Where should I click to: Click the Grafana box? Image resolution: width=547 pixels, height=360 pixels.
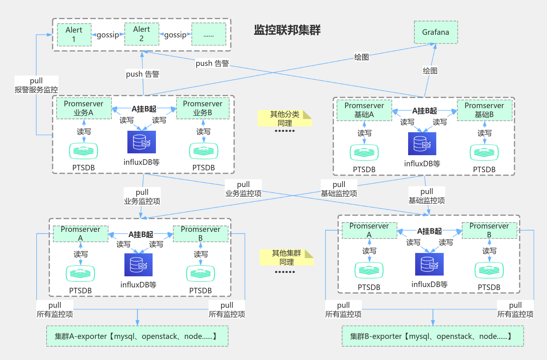[436, 32]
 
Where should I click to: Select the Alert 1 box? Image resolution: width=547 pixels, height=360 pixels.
[74, 35]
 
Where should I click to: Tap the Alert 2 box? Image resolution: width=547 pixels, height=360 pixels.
[141, 34]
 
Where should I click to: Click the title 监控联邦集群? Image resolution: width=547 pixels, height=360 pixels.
[287, 30]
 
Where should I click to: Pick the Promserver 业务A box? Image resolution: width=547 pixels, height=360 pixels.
[84, 108]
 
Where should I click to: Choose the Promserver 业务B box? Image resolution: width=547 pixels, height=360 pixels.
[203, 108]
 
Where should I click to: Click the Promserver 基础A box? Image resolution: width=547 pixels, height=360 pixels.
[364, 110]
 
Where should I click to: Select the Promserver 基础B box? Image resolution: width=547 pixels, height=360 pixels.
[484, 110]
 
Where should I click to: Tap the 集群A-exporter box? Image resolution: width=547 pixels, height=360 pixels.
[137, 336]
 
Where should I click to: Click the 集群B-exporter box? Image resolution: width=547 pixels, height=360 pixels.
[432, 336]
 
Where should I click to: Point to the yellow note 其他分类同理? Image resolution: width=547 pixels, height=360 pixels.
[284, 119]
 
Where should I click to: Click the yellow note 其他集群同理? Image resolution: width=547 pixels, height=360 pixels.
[286, 257]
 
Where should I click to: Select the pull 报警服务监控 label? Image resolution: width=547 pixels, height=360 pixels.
[36, 85]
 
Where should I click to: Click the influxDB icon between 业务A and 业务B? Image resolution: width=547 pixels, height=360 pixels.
[141, 142]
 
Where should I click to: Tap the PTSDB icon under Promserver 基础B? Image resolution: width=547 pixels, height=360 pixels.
[484, 152]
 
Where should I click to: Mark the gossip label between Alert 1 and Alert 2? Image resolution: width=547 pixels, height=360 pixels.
[108, 35]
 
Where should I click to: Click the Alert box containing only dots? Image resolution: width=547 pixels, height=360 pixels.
[209, 34]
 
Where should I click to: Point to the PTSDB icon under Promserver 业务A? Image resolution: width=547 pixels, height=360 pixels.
[84, 151]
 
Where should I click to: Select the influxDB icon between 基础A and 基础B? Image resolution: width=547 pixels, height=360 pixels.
[422, 144]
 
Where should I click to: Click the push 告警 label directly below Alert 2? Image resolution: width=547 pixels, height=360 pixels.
[143, 74]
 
